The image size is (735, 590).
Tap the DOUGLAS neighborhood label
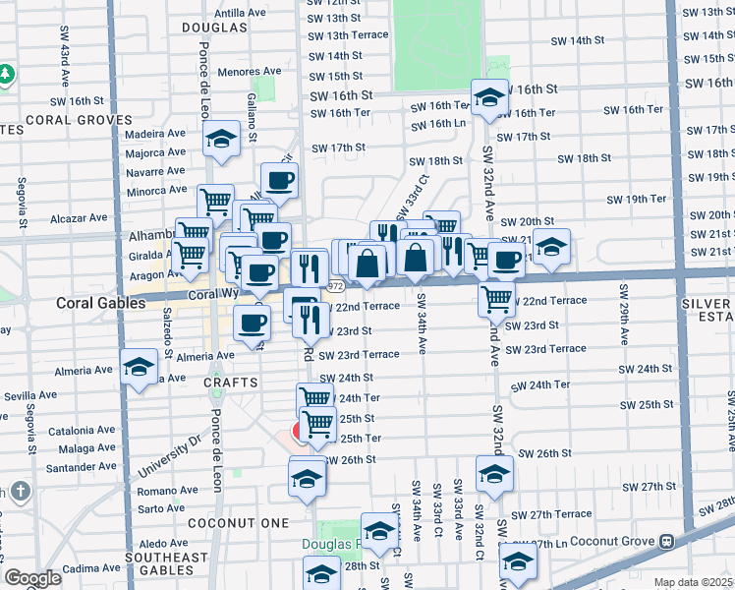[214, 28]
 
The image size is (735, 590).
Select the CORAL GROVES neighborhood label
[79, 120]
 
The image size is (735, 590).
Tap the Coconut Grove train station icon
[666, 541]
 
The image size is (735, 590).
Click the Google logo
[32, 578]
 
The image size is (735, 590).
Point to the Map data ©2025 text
[694, 582]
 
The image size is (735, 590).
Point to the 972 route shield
[336, 286]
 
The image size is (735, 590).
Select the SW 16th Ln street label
[439, 124]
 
